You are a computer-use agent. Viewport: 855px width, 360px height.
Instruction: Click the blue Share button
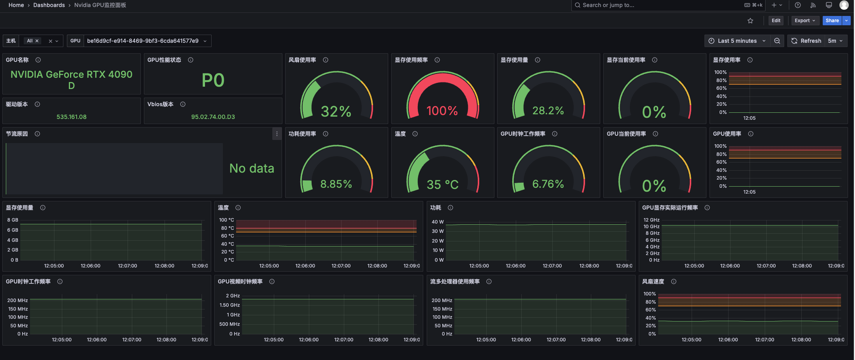coord(832,21)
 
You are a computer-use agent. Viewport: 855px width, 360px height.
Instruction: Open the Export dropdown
coord(804,21)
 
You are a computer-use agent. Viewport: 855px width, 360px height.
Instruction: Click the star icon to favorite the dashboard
coord(750,21)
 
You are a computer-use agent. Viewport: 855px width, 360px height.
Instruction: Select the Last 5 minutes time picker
coord(737,41)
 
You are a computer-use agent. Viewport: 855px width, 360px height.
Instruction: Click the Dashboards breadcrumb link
coord(49,5)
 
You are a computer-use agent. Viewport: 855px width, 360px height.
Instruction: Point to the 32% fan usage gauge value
coord(336,112)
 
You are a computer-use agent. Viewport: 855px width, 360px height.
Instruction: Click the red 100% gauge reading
coord(442,111)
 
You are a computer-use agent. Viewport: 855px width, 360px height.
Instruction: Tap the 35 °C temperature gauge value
coord(443,184)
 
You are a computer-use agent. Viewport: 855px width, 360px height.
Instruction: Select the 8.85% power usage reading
coord(336,184)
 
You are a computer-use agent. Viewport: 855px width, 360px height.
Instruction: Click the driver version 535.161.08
coord(72,117)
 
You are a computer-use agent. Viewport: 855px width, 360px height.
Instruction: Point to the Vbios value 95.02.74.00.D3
coord(213,117)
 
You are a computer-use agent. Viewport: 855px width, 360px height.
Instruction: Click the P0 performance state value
coord(213,80)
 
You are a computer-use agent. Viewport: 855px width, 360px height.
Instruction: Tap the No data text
coord(252,168)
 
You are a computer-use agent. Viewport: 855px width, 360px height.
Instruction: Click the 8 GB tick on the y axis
coord(13,220)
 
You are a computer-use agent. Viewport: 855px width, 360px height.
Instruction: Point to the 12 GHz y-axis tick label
coord(651,220)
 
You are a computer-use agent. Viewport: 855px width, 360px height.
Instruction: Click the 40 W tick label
coord(438,222)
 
